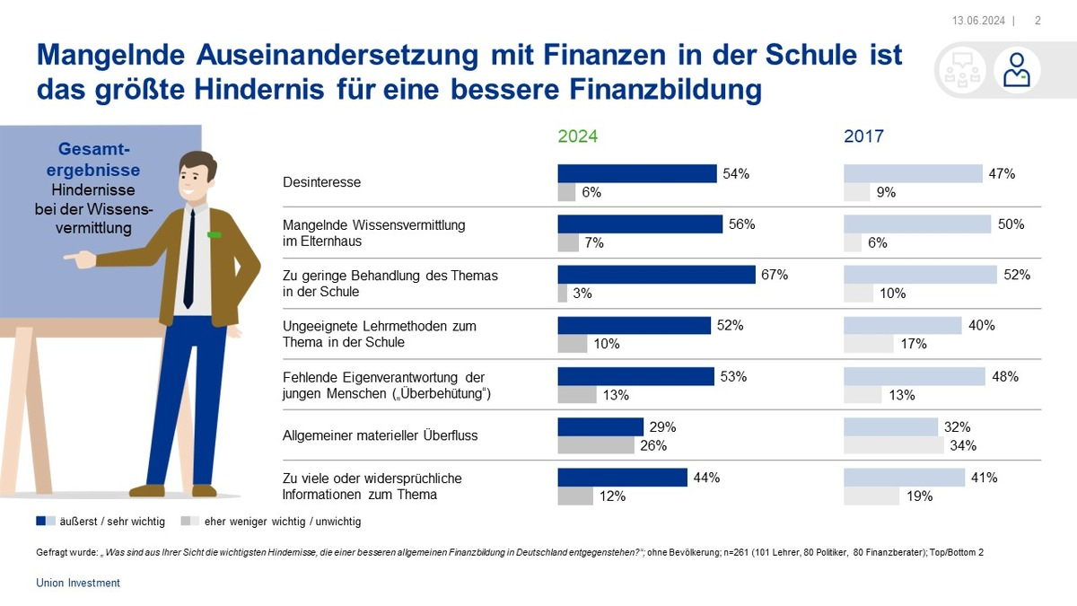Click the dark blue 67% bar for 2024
(656, 275)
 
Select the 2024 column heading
(577, 136)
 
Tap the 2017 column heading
(863, 136)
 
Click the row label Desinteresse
(321, 182)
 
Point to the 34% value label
(963, 445)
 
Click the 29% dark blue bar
(600, 426)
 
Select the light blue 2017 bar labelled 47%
(913, 173)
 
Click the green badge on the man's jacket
(215, 235)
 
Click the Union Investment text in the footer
(78, 583)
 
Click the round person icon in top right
(1017, 71)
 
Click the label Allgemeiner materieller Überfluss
(380, 435)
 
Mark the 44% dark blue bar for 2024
(622, 478)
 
